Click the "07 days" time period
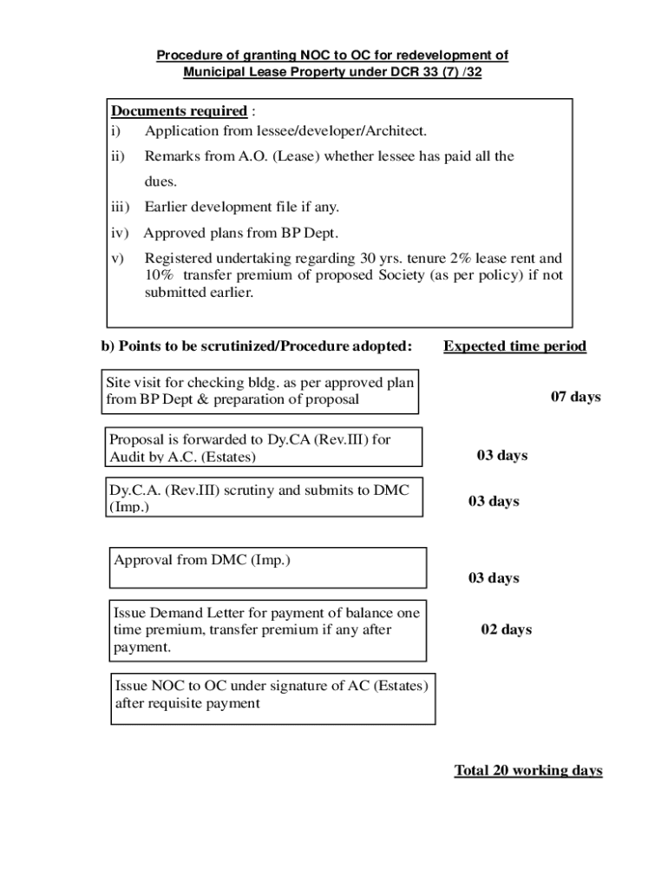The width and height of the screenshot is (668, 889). pyautogui.click(x=575, y=397)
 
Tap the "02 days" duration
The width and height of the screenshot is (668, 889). pyautogui.click(x=507, y=629)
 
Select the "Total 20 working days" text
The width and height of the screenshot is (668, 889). pyautogui.click(x=527, y=771)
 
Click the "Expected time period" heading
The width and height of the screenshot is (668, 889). pyautogui.click(x=514, y=346)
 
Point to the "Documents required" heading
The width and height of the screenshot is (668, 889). pyautogui.click(x=179, y=111)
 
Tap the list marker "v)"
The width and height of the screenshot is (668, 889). pyautogui.click(x=117, y=259)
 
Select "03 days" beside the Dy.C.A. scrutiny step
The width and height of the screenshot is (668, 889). pyautogui.click(x=494, y=502)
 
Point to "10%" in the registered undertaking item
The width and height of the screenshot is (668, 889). pyautogui.click(x=159, y=275)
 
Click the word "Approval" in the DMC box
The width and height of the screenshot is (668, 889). pyautogui.click(x=143, y=560)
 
